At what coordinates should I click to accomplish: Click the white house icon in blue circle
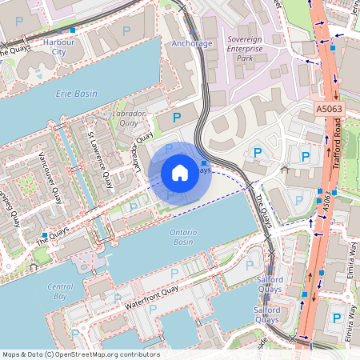tap(180, 172)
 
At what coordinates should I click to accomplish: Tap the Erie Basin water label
tap(76, 94)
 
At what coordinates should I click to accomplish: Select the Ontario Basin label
tap(183, 237)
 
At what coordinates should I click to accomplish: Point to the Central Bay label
tap(60, 291)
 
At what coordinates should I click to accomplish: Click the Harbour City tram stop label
tap(58, 46)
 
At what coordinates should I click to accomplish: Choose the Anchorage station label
tap(192, 43)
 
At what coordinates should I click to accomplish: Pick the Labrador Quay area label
tap(131, 118)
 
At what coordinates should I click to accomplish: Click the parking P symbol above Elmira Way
tap(337, 318)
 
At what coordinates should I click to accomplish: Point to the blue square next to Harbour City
tap(73, 30)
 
